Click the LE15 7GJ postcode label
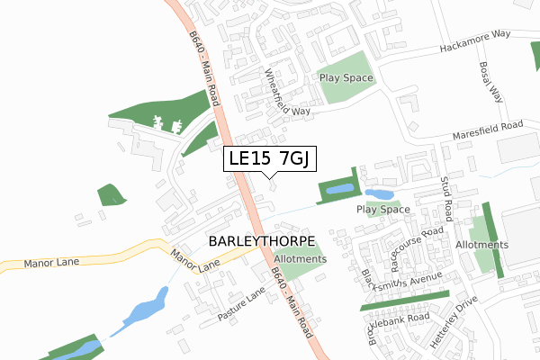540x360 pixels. pyautogui.click(x=269, y=159)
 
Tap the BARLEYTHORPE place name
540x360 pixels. pyautogui.click(x=262, y=242)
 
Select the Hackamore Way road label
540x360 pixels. pyautogui.click(x=476, y=40)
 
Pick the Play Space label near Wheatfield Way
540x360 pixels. pyautogui.click(x=346, y=78)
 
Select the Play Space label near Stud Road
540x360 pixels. pyautogui.click(x=382, y=210)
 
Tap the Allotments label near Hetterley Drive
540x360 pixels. pyautogui.click(x=482, y=245)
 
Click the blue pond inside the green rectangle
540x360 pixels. pyautogui.click(x=340, y=190)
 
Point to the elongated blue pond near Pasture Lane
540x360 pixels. pyautogui.click(x=147, y=310)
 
